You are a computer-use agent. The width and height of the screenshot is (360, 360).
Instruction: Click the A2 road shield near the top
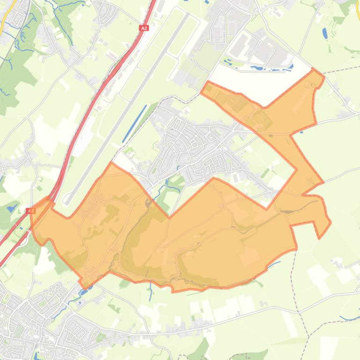coord(144,28)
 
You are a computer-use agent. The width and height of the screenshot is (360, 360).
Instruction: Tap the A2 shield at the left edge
coord(31,211)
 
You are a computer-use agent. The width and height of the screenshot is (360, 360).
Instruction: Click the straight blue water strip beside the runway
coord(135,117)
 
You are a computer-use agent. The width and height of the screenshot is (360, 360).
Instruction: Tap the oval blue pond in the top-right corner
coord(325,33)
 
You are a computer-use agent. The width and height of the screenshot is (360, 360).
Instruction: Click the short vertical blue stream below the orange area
coord(151,292)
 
